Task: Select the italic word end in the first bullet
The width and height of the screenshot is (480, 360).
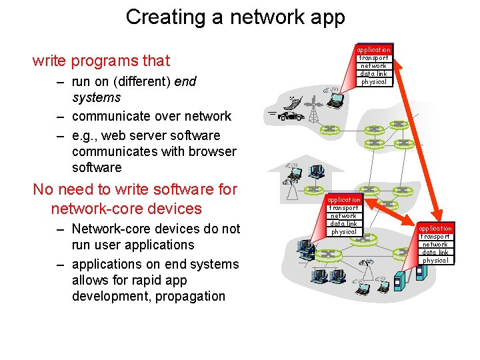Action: (185, 81)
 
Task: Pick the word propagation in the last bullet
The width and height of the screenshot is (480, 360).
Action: (189, 296)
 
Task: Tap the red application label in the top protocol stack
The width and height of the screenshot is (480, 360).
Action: (373, 50)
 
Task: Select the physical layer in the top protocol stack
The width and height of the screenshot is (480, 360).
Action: (373, 82)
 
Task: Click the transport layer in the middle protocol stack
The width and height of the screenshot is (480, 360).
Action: (344, 208)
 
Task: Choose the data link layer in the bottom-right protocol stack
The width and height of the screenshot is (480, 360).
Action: (436, 252)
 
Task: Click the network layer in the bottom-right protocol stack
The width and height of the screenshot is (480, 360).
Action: (436, 245)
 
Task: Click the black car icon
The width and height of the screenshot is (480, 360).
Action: (291, 116)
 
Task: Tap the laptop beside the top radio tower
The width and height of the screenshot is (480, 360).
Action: (335, 101)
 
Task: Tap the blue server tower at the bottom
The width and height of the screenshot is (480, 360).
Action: (399, 281)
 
